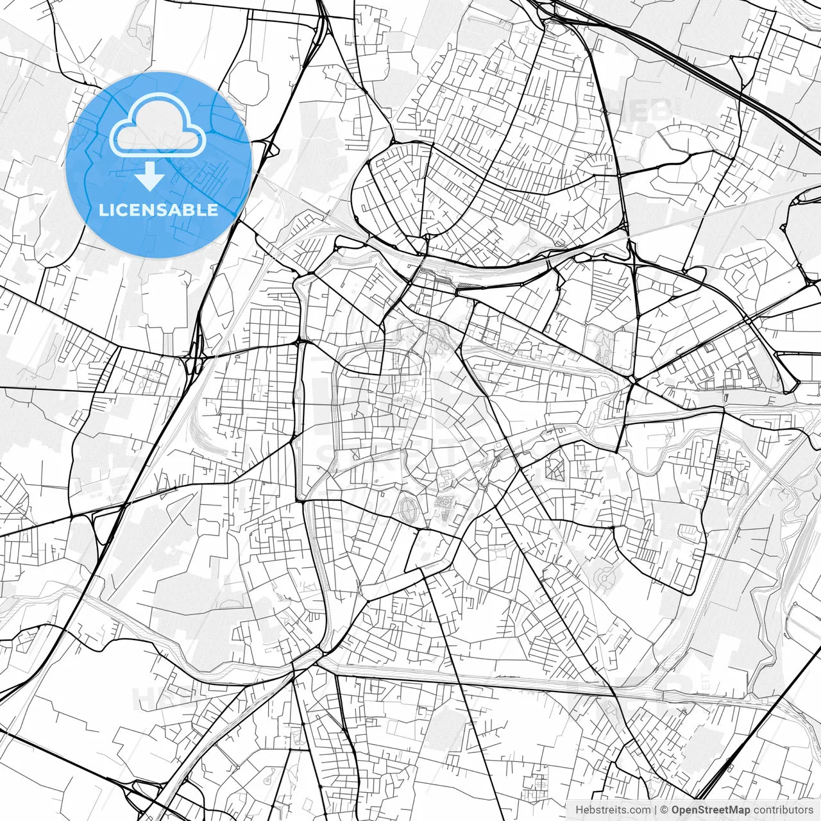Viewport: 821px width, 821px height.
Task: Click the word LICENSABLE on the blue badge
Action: point(158,210)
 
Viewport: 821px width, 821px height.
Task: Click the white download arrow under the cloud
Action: point(150,176)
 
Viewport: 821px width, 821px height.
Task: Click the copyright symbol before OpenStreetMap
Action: point(665,810)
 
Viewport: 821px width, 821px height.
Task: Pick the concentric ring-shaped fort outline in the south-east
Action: point(604,580)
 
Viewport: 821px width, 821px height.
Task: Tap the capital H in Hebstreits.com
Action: point(579,810)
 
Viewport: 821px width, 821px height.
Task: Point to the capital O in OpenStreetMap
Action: point(675,810)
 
